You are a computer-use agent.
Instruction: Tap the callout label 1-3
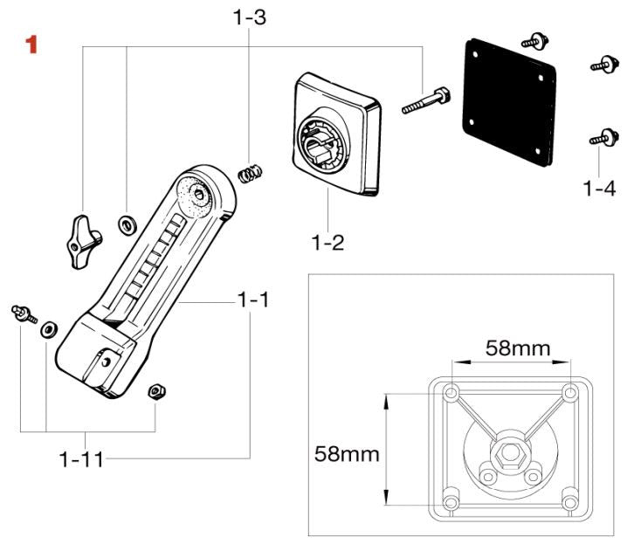pos(249,16)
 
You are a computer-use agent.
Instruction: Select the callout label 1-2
pos(328,242)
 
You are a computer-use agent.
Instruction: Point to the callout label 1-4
pos(599,187)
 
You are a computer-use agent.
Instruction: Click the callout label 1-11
pos(81,458)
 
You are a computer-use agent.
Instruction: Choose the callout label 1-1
pos(253,300)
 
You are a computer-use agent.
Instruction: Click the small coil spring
pos(251,172)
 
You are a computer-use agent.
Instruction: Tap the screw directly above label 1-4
pos(598,138)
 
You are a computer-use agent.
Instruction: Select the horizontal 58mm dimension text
pos(518,348)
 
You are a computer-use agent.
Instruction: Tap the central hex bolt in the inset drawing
pos(508,454)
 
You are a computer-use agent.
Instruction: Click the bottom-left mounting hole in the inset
pos(451,503)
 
